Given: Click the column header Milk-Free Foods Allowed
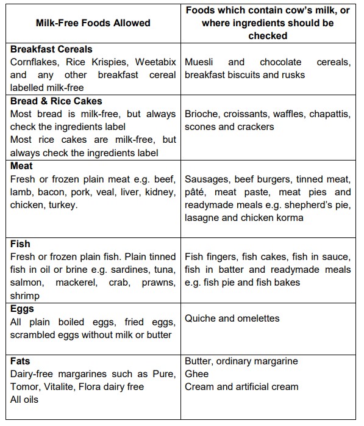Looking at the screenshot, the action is (x=94, y=24).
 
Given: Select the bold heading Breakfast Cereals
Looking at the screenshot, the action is (x=52, y=49).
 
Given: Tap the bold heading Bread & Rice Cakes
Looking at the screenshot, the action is (x=56, y=101).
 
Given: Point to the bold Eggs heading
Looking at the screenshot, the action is (x=23, y=309).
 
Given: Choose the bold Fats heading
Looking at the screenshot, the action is (x=21, y=361).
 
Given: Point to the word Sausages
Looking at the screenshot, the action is (x=207, y=179).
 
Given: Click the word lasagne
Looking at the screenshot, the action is (x=204, y=218).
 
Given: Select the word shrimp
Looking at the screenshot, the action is (x=25, y=295).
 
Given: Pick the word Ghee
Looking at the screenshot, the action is (x=197, y=374).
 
